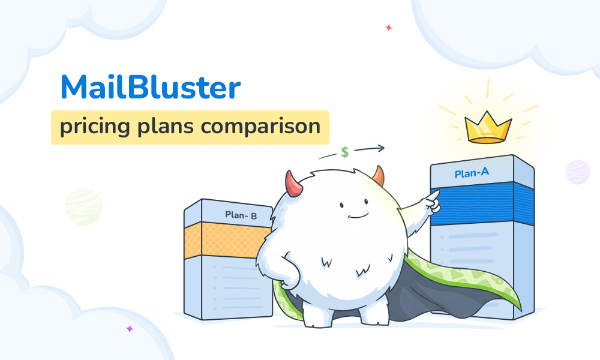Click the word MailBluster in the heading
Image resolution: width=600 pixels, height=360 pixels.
point(151,88)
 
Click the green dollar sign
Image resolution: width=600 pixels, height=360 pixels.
point(345,152)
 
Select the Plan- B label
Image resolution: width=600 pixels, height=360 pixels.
point(241,214)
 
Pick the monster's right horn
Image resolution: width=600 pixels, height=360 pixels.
point(378,175)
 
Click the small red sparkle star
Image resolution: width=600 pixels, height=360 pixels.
point(389,28)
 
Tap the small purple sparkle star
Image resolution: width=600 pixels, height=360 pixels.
point(129,328)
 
